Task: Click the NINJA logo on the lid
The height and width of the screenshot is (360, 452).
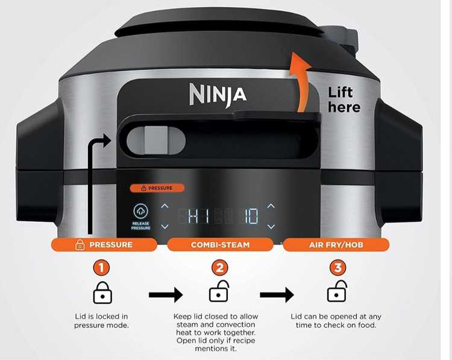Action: [218, 95]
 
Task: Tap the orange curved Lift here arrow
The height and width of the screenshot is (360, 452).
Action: [300, 81]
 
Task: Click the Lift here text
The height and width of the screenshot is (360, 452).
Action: [344, 100]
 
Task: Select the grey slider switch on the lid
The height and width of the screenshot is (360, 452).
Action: [156, 140]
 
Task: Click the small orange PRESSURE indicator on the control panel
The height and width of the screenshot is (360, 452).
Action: [157, 188]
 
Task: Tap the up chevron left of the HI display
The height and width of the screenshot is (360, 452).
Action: [165, 206]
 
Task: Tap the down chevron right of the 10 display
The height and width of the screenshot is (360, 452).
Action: [271, 227]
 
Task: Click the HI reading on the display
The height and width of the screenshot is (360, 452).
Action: [198, 216]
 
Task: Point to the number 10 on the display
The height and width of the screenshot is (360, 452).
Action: [251, 216]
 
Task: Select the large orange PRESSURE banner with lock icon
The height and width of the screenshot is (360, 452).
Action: [104, 245]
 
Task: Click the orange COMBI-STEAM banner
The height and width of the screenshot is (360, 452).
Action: [220, 245]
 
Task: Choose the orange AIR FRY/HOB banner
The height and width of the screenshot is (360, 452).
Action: [336, 245]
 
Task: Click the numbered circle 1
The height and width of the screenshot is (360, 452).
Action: [101, 267]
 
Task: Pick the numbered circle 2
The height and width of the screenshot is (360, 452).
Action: [219, 267]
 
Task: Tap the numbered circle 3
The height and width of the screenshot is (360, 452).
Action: [338, 267]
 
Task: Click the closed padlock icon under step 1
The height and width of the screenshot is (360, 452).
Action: [102, 293]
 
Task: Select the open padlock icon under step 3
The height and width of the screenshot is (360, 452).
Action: [337, 291]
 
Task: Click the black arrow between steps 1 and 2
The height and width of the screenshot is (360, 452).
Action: [166, 295]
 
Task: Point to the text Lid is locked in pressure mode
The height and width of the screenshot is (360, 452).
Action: [101, 321]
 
